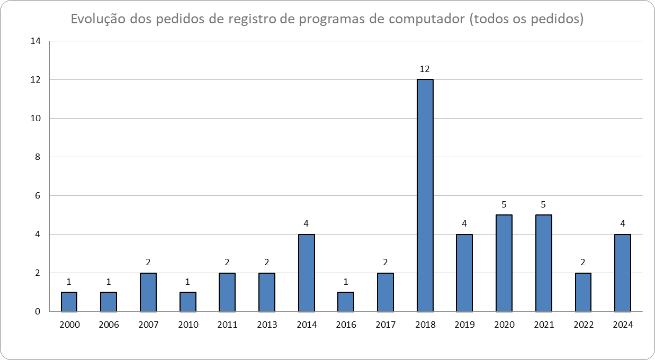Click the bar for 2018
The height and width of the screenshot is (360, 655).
(425, 195)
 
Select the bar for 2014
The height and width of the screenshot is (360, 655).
(307, 273)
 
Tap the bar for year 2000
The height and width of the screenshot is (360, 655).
(69, 302)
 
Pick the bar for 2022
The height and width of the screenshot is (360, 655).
(583, 292)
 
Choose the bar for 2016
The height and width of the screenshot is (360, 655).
(346, 302)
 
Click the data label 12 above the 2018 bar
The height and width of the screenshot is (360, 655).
(425, 69)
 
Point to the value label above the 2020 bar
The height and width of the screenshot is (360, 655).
(504, 204)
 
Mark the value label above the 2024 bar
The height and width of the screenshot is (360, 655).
(623, 223)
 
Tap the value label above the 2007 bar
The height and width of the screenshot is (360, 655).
(148, 262)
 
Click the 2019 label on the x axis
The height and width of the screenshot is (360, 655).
(464, 325)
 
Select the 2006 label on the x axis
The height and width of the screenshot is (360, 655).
(109, 325)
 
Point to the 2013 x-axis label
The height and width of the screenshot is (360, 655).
(267, 325)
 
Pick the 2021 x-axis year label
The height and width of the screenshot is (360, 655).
(543, 325)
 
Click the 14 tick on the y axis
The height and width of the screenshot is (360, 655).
(36, 41)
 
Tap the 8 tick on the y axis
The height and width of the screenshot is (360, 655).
(38, 157)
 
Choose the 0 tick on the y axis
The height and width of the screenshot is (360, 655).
(38, 312)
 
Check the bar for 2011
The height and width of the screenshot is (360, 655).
(227, 292)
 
